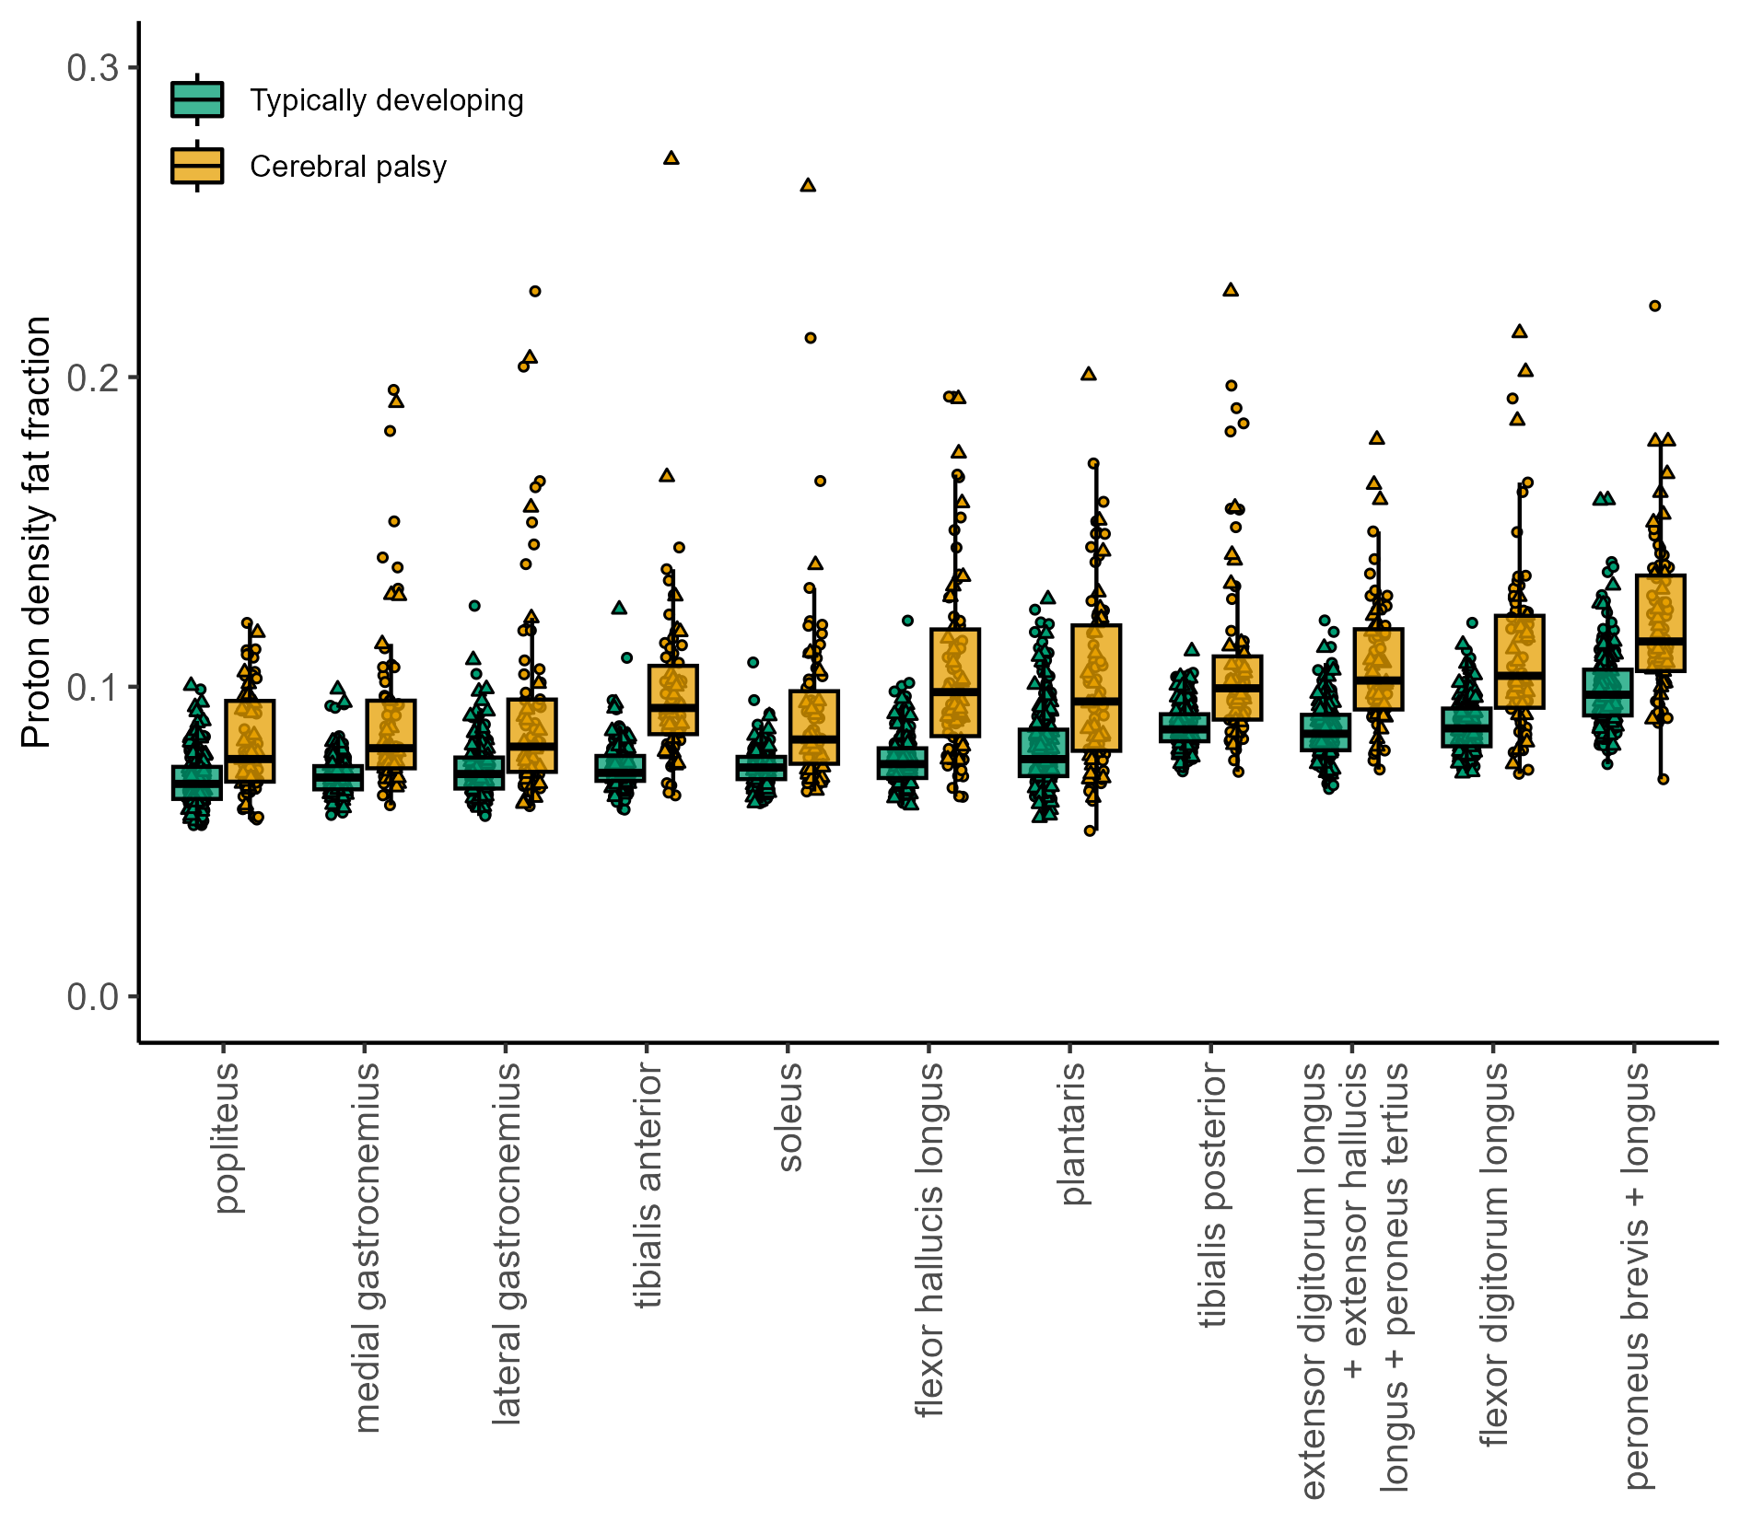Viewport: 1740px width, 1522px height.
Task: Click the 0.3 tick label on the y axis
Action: click(x=93, y=68)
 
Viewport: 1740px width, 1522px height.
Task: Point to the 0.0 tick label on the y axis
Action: click(x=93, y=996)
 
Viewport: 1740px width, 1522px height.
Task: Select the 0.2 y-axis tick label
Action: click(x=93, y=378)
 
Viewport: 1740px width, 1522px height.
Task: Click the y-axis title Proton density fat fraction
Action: click(x=36, y=531)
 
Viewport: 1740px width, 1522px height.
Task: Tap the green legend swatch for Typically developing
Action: click(x=197, y=99)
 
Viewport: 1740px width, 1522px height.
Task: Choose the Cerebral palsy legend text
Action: click(x=348, y=167)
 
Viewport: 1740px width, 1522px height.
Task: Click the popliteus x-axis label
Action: click(x=227, y=1138)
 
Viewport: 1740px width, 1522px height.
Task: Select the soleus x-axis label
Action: click(x=789, y=1117)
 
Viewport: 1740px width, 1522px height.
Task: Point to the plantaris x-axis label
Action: click(x=1073, y=1133)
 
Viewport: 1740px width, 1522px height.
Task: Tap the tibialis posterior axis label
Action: click(x=1214, y=1195)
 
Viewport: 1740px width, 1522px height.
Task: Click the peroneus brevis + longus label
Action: click(x=1636, y=1275)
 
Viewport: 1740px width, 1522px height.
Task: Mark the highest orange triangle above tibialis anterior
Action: click(x=671, y=157)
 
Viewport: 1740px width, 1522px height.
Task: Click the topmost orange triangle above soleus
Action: click(x=808, y=185)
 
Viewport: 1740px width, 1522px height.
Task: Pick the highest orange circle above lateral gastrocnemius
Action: click(x=534, y=291)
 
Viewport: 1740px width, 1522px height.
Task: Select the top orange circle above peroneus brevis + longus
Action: click(x=1654, y=306)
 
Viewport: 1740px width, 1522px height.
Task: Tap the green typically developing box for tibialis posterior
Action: click(x=1185, y=727)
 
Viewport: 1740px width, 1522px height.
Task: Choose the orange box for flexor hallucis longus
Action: click(x=955, y=682)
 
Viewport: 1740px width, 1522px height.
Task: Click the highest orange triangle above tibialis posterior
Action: click(x=1231, y=289)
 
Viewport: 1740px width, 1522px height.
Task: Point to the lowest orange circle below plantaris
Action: click(x=1090, y=831)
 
